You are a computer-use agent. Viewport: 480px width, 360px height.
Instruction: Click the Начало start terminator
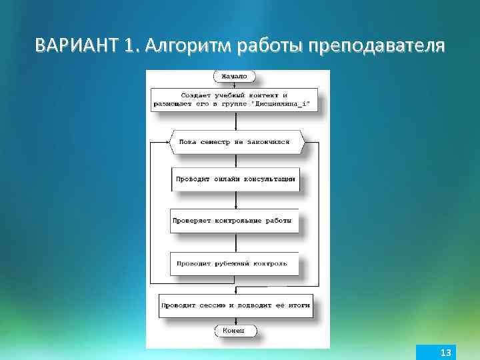[x=234, y=77]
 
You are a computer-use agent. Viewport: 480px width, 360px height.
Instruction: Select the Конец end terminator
[x=234, y=331]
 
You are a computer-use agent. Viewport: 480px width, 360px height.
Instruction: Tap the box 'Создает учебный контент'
[x=234, y=99]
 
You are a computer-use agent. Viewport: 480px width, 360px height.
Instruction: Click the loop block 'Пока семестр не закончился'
[x=237, y=142]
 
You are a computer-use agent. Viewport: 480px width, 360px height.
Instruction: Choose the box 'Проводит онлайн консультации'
[x=235, y=179]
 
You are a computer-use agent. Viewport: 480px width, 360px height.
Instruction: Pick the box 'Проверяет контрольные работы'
[x=234, y=221]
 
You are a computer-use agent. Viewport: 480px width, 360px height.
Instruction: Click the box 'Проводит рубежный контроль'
[x=234, y=263]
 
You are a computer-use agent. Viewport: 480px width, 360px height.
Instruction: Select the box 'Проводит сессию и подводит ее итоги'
[x=235, y=305]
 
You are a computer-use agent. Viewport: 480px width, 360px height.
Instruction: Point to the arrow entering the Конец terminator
[x=235, y=322]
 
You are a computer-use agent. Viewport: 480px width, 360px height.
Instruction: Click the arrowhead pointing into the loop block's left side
[x=167, y=142]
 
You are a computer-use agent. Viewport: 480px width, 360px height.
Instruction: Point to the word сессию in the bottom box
[x=217, y=305]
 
